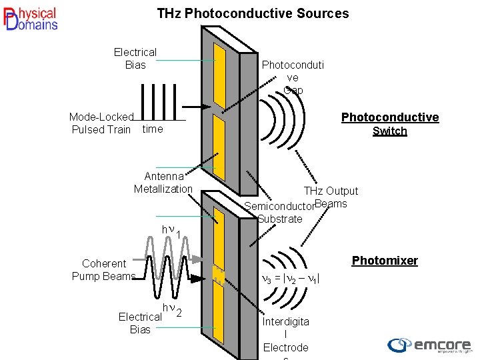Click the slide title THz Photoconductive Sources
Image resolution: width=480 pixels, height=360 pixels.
253,13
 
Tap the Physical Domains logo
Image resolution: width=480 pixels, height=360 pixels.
31,19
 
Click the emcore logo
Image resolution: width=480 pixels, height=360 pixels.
430,345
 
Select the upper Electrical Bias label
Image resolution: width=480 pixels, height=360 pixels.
135,58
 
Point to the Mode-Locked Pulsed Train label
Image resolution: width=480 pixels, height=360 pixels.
101,123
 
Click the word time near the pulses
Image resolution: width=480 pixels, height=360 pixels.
153,129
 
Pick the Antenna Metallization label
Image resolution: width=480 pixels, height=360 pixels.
163,183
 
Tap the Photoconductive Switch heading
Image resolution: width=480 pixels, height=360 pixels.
390,124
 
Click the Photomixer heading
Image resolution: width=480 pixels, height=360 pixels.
385,261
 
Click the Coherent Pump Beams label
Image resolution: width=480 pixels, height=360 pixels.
104,270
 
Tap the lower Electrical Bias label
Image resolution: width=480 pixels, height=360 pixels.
140,323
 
